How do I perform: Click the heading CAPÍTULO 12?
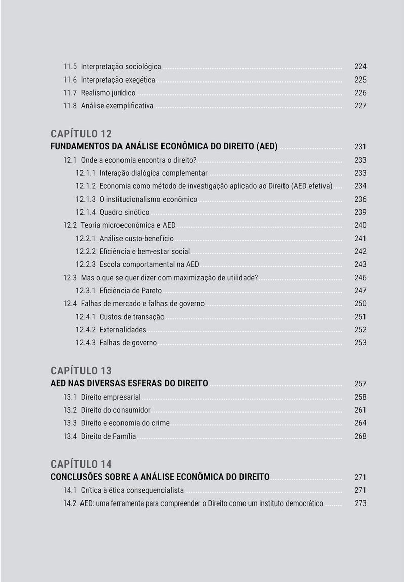81,134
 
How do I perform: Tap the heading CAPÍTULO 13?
81,371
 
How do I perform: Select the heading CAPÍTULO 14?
81,464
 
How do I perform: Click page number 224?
360,67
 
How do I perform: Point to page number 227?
360,106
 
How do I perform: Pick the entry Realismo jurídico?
108,93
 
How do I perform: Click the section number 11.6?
69,80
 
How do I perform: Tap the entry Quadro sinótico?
124,212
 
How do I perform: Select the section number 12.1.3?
86,199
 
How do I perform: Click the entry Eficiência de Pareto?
131,291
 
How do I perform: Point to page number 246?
360,278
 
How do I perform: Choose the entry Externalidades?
123,330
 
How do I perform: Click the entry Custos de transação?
132,317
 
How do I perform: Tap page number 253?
360,343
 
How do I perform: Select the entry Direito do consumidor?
115,410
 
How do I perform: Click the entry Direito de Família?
108,436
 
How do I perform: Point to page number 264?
360,423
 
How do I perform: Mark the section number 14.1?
69,490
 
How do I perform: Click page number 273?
360,503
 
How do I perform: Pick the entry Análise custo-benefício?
136,239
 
